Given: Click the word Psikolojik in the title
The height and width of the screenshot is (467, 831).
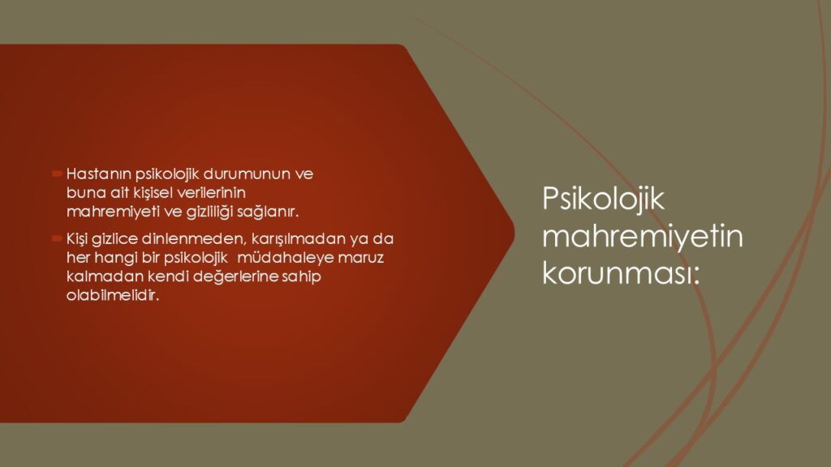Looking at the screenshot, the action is (x=603, y=200).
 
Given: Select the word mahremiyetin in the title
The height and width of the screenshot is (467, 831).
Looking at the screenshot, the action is (x=643, y=236).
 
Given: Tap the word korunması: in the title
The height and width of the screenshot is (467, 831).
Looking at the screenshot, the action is (x=621, y=274).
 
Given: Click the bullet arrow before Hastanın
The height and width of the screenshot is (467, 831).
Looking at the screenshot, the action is (x=58, y=174).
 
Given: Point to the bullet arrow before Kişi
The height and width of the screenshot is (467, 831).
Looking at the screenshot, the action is (x=58, y=239).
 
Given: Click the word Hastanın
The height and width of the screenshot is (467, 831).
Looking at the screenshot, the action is (x=99, y=174).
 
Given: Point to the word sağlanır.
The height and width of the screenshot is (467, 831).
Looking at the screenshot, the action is (x=268, y=212).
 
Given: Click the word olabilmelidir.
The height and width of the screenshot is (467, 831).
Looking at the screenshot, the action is (x=113, y=295).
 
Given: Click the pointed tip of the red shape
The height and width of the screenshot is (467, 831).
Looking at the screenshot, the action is (x=514, y=233).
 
